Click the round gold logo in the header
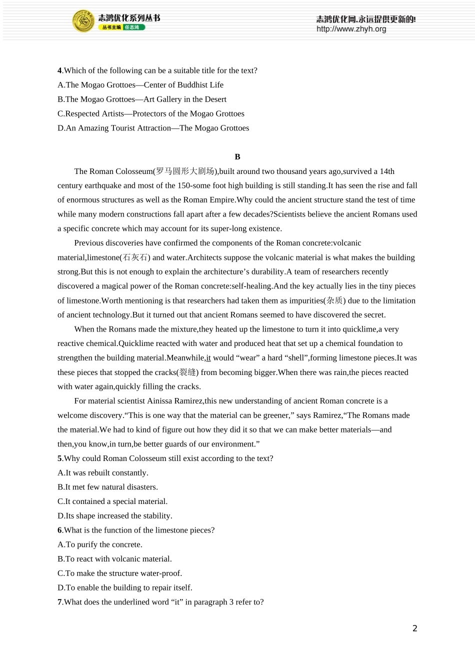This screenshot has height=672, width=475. coord(83,21)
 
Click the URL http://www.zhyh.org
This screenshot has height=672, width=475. coord(351,29)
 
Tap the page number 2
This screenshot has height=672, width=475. coord(414,628)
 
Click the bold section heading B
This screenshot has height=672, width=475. coord(237,157)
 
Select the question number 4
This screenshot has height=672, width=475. coord(59,70)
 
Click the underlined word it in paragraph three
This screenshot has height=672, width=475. coord(208,358)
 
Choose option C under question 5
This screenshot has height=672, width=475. coord(112,501)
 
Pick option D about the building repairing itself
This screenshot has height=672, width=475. coord(124,587)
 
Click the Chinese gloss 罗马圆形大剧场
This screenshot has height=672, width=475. coord(185,171)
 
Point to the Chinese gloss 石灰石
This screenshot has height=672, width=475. coord(135,257)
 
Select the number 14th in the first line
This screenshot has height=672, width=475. coord(387,171)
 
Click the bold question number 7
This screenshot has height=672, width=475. coord(59,602)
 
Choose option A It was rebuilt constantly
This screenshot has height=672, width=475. coord(102,473)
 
